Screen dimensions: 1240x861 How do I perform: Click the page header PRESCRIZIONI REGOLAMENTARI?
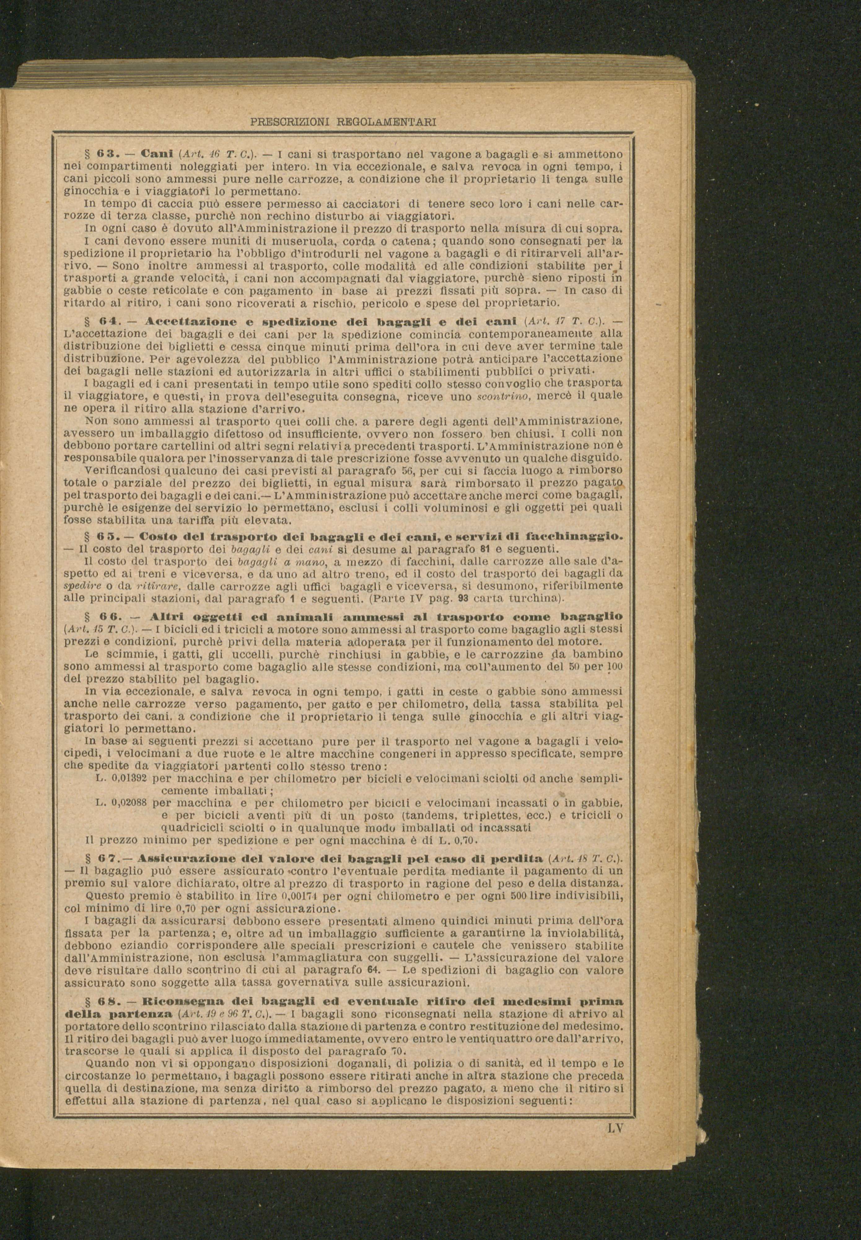click(x=344, y=122)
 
